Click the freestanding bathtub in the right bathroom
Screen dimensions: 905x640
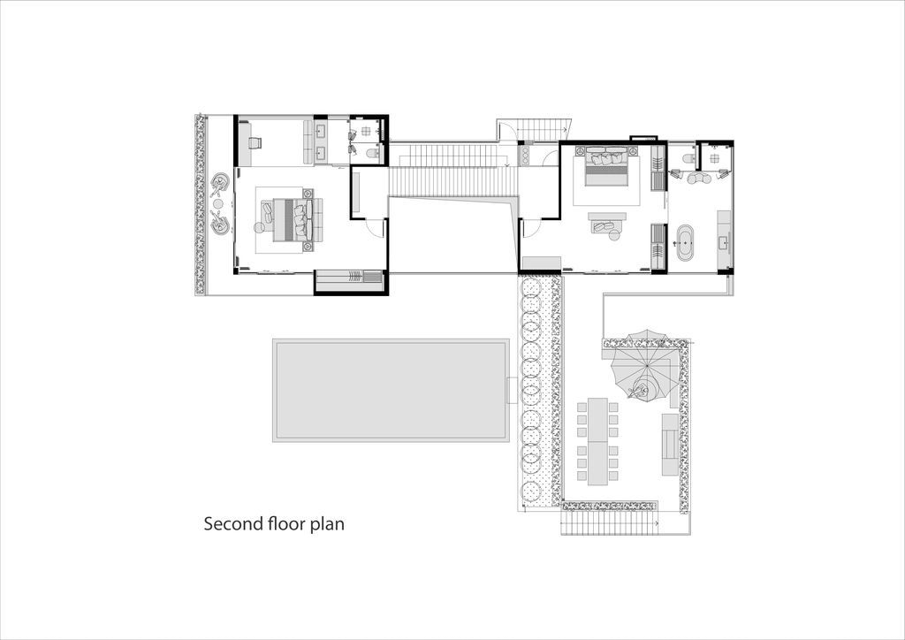tap(685, 242)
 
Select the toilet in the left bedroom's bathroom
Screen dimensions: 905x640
tap(373, 153)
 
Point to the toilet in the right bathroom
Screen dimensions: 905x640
tap(688, 158)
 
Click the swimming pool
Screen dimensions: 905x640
tap(391, 390)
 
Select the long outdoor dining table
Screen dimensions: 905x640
tap(597, 441)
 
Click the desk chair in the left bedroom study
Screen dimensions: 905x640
tap(255, 142)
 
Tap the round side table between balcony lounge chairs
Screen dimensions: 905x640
tap(218, 203)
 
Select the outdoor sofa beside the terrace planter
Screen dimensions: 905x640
tap(670, 444)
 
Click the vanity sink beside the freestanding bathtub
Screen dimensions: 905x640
tap(723, 243)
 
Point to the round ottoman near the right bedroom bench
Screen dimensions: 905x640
tap(613, 234)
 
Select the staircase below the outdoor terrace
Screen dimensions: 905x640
tap(610, 523)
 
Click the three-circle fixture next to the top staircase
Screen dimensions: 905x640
tap(527, 155)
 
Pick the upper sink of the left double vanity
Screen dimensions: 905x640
tap(322, 131)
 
